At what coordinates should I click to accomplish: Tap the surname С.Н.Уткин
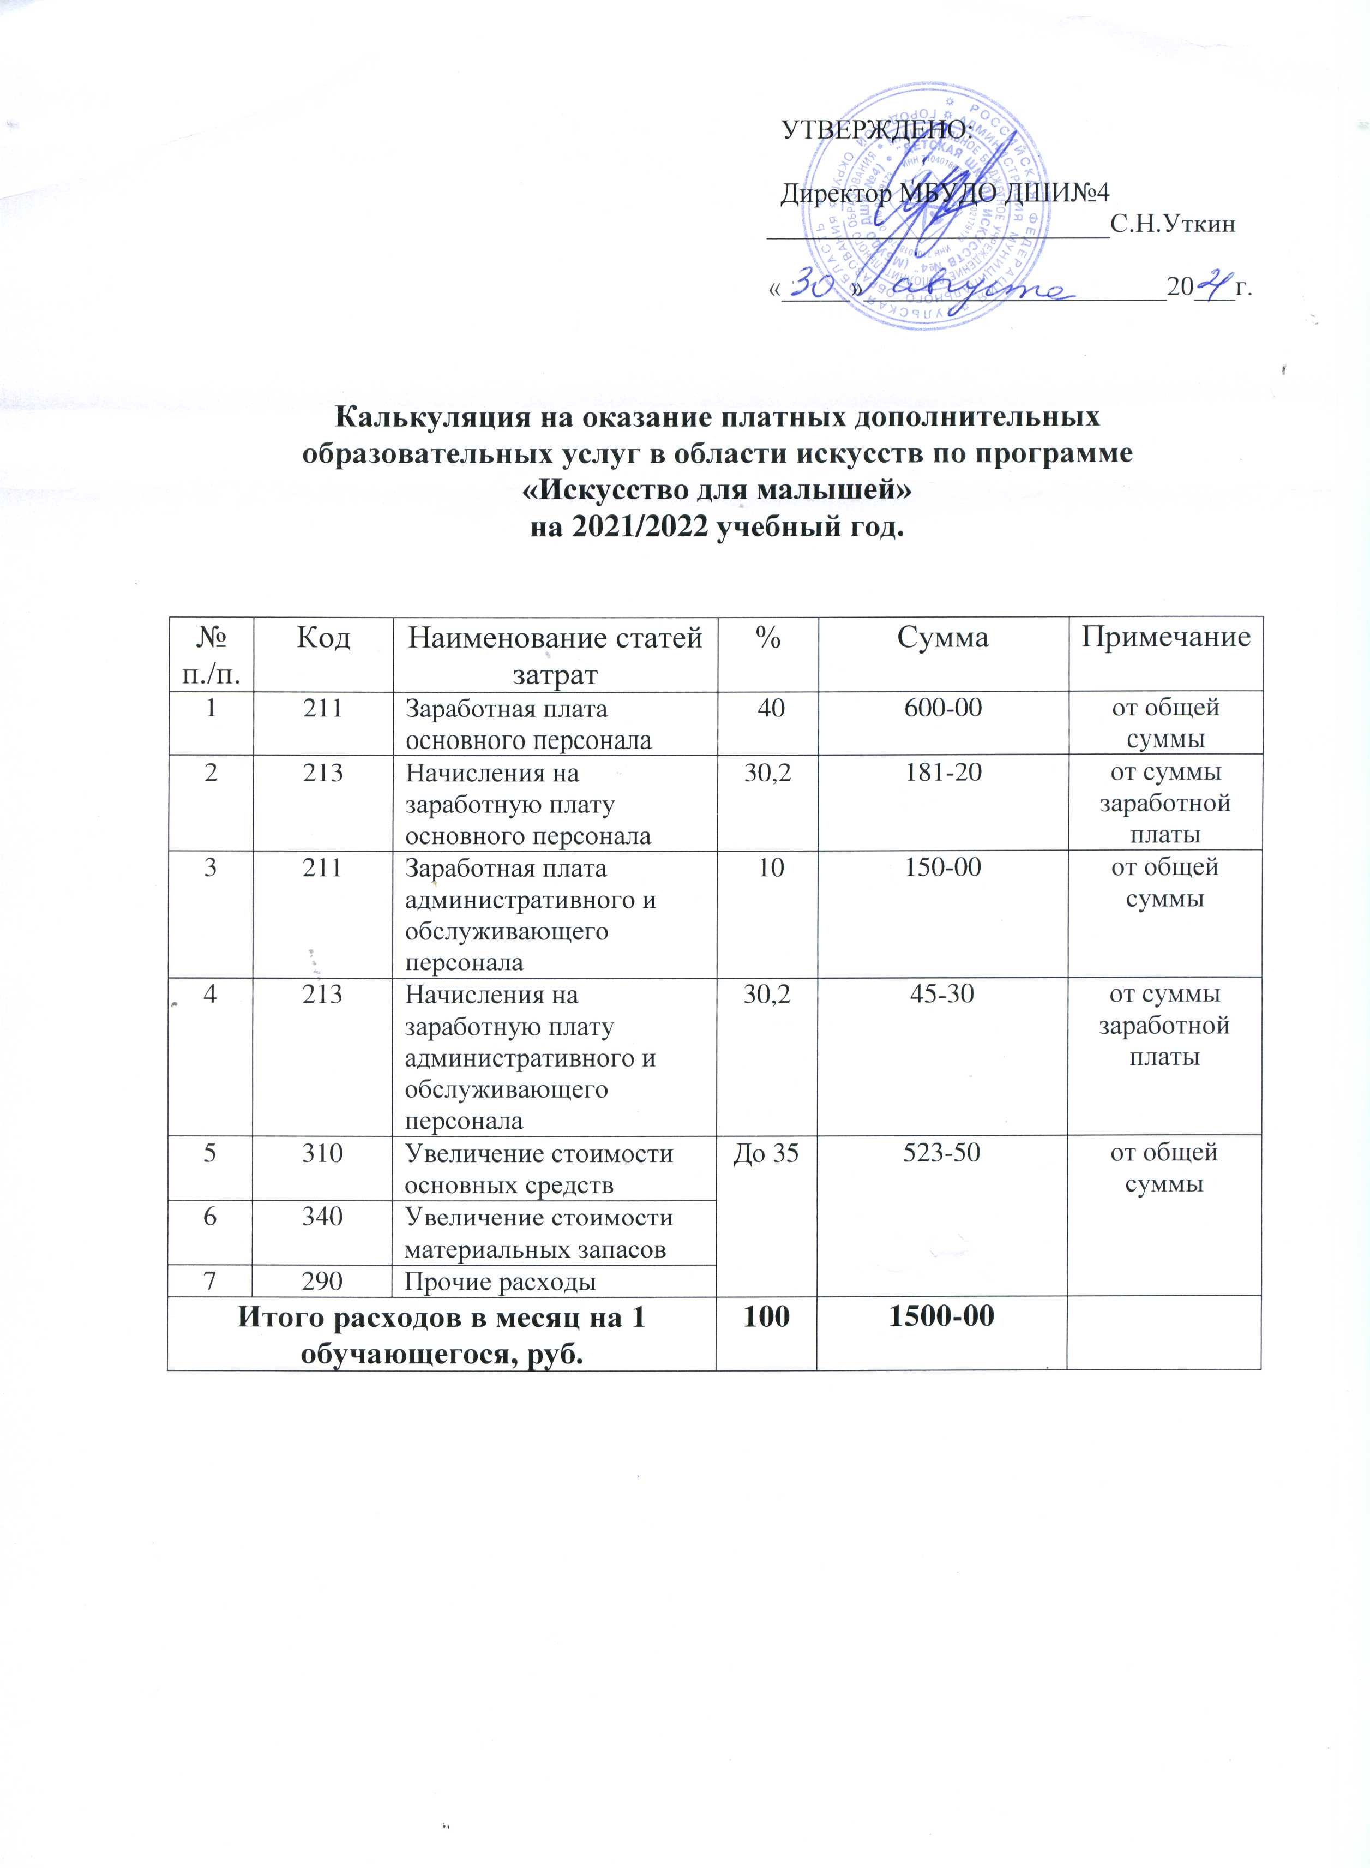point(1174,224)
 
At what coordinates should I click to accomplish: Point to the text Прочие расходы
point(500,1283)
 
